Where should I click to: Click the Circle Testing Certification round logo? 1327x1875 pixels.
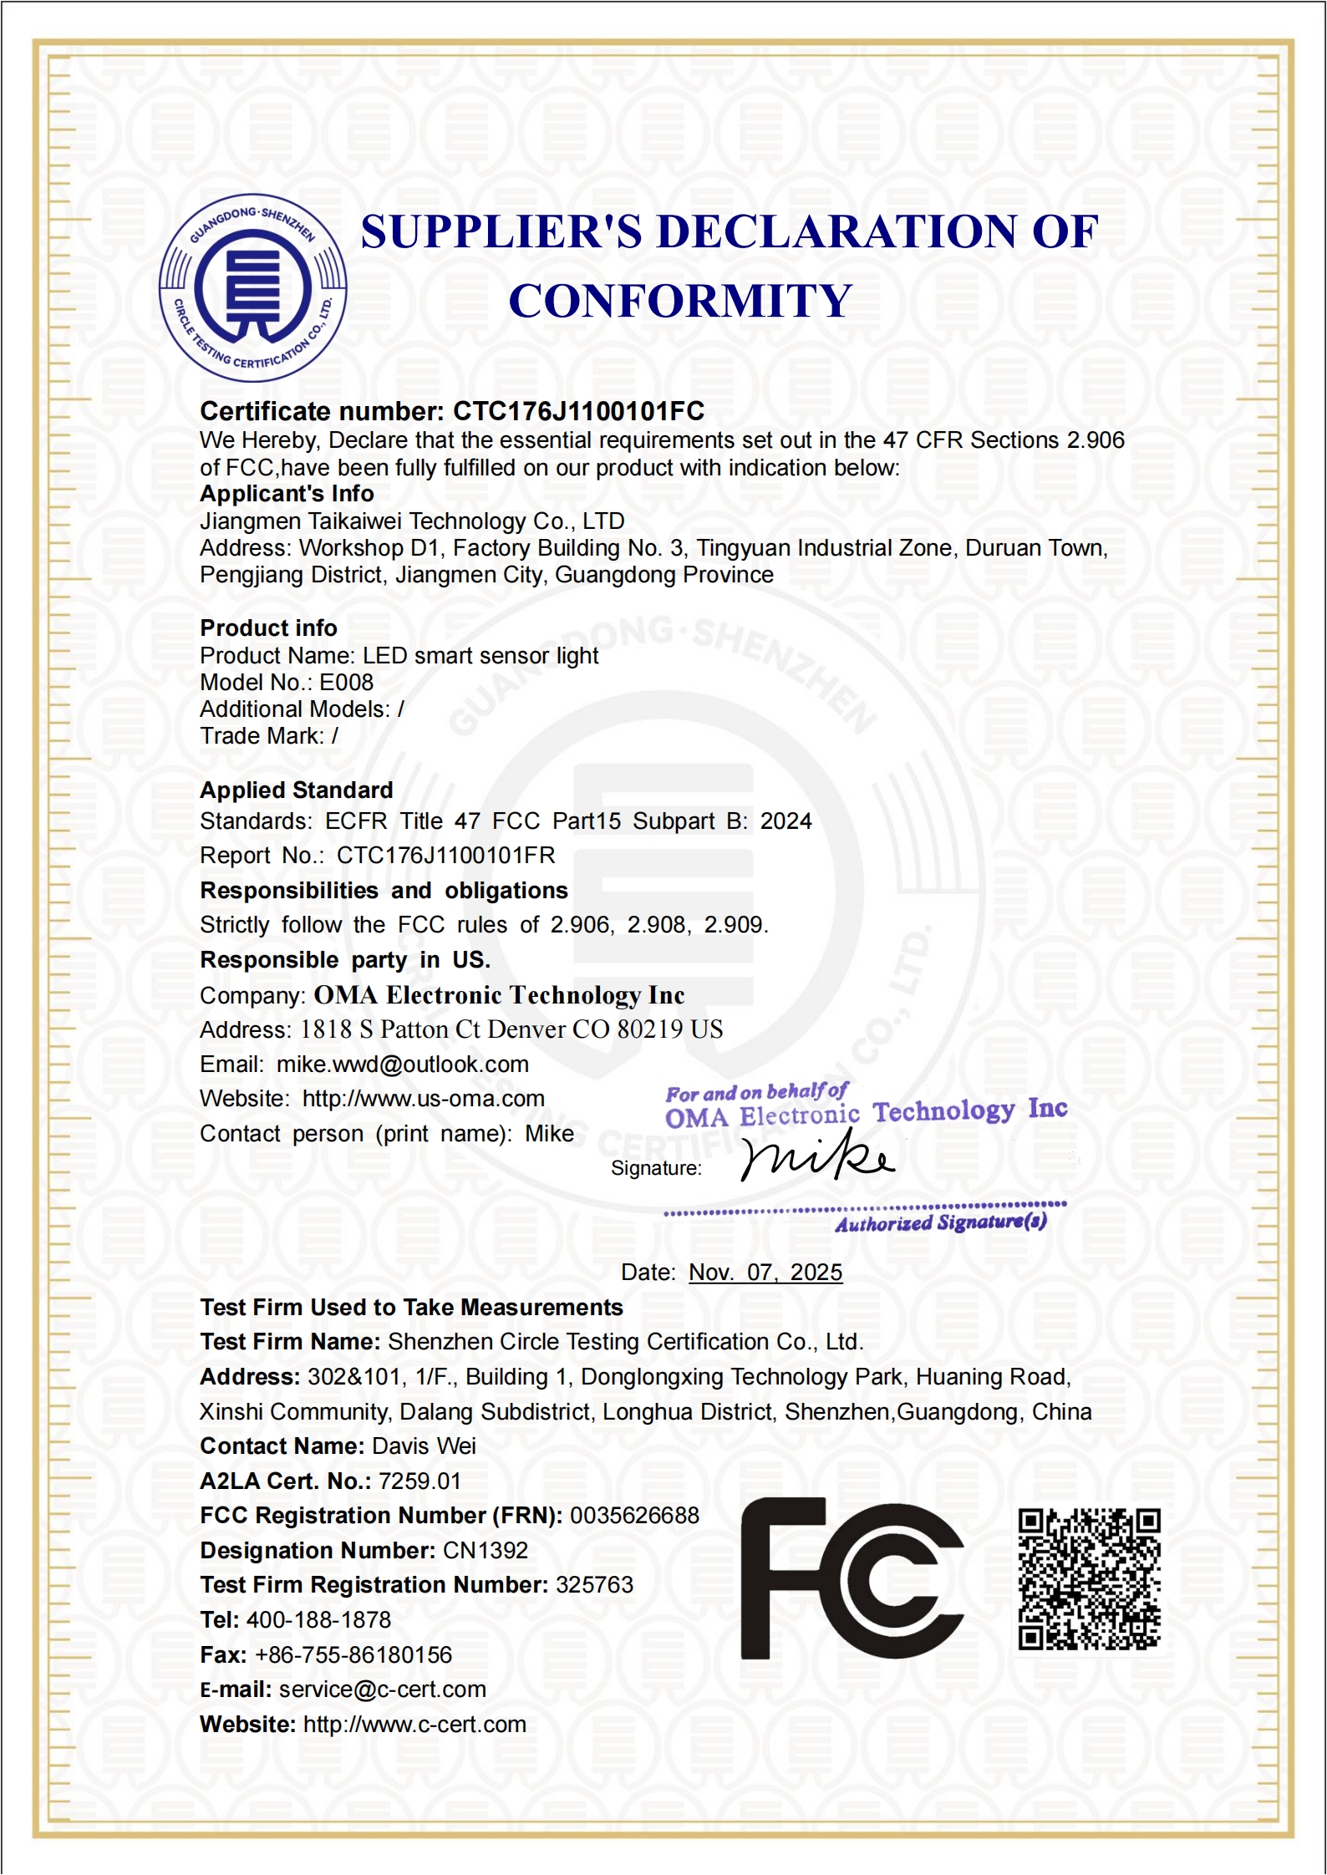point(252,288)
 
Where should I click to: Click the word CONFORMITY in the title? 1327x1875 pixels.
point(680,301)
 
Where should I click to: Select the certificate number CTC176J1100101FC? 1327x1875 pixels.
point(578,411)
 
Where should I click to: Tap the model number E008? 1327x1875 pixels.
point(346,683)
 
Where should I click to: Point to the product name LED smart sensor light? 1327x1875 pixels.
point(480,656)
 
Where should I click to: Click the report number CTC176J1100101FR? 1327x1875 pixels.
point(445,856)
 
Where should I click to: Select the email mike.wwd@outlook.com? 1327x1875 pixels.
point(403,1065)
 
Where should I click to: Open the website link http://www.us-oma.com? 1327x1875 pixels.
point(423,1099)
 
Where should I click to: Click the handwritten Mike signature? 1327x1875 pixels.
point(817,1156)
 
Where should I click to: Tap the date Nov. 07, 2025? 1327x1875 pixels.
point(765,1273)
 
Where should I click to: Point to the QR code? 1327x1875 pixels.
point(1089,1578)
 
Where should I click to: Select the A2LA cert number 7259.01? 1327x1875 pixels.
point(419,1481)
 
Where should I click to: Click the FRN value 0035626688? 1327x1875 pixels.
point(634,1516)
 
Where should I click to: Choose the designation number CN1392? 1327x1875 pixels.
point(485,1551)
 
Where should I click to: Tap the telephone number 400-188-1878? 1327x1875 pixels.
point(318,1620)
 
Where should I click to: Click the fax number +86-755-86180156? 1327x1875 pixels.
point(353,1655)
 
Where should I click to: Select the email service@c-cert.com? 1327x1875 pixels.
point(382,1690)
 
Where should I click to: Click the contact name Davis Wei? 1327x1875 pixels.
point(424,1446)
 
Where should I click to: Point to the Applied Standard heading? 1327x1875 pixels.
point(296,790)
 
